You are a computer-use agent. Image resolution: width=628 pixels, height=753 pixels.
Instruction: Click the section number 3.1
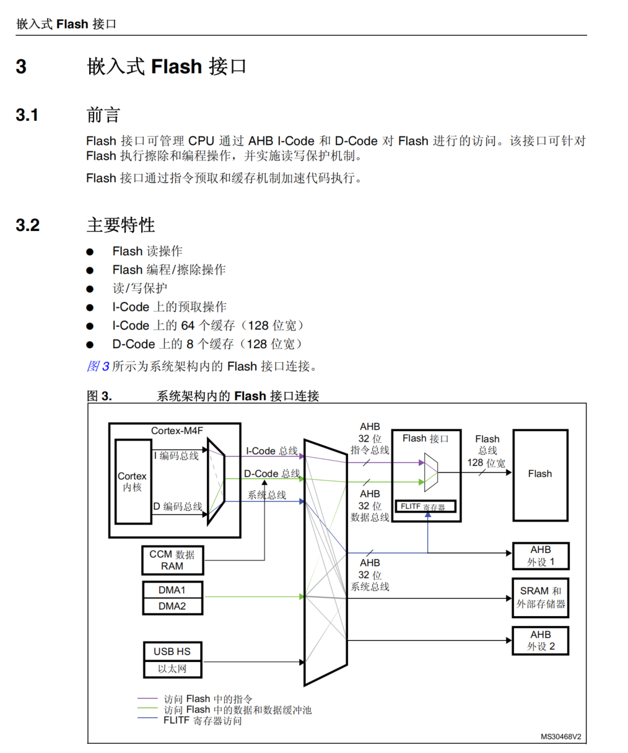point(27,115)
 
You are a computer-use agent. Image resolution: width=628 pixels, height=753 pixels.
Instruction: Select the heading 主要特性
point(121,225)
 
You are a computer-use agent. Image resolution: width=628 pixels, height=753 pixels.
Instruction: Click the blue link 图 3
point(98,366)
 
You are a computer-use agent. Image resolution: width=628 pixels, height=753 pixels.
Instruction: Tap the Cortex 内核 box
point(133,482)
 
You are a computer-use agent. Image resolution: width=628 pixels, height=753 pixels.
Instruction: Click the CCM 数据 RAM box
point(172,560)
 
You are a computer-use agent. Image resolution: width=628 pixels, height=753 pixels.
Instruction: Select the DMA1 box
point(172,590)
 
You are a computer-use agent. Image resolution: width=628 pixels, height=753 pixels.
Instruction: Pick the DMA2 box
point(172,606)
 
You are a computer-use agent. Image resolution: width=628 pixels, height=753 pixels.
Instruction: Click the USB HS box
point(172,651)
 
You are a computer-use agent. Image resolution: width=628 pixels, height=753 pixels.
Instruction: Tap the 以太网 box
point(172,669)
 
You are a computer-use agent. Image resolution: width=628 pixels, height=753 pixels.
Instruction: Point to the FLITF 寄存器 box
point(425,507)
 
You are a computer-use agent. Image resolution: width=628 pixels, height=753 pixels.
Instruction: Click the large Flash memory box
point(540,474)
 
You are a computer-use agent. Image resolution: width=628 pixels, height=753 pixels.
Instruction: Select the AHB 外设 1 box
point(541,556)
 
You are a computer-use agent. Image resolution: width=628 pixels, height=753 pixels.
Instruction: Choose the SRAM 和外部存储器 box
point(541,598)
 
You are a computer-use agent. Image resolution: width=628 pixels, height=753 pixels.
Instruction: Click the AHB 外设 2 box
point(541,640)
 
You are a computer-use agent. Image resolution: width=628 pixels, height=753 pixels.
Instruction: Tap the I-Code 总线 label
point(272,451)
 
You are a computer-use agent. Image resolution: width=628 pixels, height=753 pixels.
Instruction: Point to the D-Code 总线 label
point(272,474)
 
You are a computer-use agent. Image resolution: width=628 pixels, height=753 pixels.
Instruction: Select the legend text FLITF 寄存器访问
point(203,721)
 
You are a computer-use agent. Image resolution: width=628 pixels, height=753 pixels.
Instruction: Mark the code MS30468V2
point(560,736)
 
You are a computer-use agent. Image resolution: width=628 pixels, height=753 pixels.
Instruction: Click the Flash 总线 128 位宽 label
point(487,451)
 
